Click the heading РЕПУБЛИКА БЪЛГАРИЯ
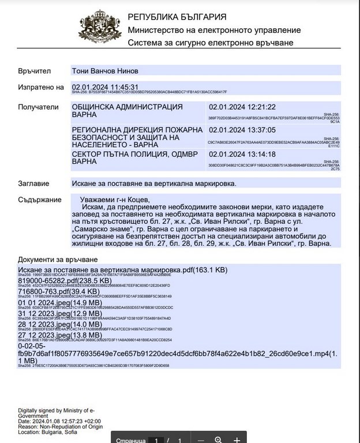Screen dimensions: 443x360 click(177, 17)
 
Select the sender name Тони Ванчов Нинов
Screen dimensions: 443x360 click(105, 70)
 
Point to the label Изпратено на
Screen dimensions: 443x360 click(40, 87)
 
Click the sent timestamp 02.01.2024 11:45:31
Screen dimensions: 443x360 click(105, 87)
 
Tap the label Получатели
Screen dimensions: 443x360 click(39, 107)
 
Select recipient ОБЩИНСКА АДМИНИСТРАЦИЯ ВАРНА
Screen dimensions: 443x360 click(127, 111)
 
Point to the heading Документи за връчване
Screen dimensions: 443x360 click(58, 260)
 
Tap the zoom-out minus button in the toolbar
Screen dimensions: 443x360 click(200, 440)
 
